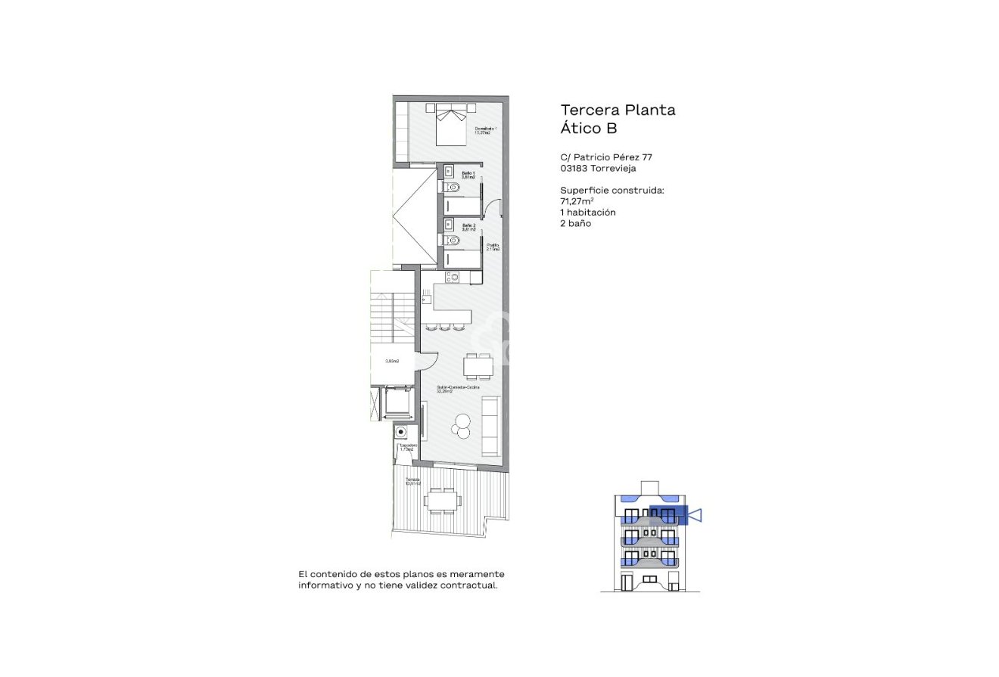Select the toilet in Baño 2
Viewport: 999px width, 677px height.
[x=452, y=241]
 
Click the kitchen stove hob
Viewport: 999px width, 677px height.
[x=452, y=278]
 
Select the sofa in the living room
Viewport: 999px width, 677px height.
[x=490, y=426]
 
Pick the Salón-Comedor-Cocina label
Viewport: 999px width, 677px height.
[x=457, y=389]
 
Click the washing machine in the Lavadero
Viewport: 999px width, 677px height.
[x=401, y=432]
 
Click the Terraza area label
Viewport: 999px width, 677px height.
[x=413, y=482]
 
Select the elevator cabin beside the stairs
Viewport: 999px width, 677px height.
[x=396, y=402]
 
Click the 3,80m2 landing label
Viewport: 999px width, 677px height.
[x=392, y=362]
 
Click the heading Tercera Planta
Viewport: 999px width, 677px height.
[x=618, y=110]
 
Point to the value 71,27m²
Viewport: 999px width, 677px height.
[x=577, y=201]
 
